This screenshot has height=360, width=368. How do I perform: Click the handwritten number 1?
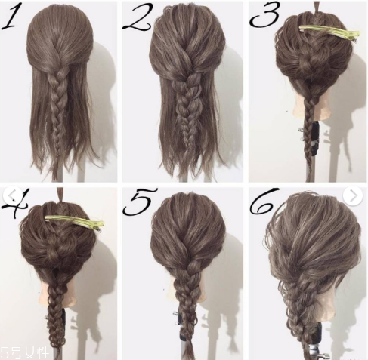pos(9,16)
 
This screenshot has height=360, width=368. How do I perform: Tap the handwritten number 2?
pos(136,17)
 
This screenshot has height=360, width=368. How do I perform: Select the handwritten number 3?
pos(264,14)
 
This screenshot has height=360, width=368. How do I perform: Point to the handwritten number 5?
pos(140,202)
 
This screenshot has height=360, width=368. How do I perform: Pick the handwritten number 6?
pos(264,202)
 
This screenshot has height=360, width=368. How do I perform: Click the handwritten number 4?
pos(16,202)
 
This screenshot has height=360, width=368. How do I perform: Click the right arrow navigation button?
pos(353,195)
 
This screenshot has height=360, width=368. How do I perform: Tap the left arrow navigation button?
pos(13,195)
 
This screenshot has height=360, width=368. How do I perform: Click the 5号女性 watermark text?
pos(24,353)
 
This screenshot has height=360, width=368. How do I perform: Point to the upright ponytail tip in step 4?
pos(60,194)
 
